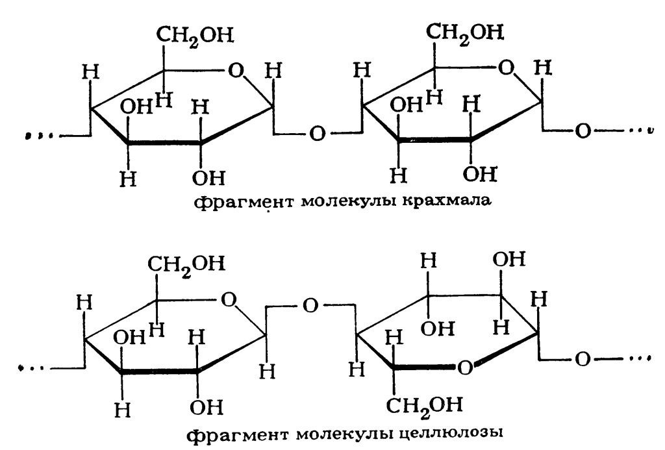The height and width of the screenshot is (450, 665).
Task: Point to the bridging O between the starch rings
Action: (x=317, y=134)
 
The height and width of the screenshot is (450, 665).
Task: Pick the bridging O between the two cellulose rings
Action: (x=310, y=306)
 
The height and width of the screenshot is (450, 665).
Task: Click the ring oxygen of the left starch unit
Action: (x=236, y=70)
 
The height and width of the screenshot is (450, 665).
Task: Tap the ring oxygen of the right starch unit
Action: (x=506, y=68)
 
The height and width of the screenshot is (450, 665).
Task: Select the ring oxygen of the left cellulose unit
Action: (x=229, y=300)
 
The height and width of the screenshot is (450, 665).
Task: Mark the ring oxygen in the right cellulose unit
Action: (x=465, y=368)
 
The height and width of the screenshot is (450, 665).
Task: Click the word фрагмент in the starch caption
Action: (x=244, y=201)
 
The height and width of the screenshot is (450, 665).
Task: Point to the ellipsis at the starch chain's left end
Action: (x=39, y=136)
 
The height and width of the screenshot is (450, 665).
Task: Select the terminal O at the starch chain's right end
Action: (x=583, y=131)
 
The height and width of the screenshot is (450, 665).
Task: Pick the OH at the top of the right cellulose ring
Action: (x=509, y=259)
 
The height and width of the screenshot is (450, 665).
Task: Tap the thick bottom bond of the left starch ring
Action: (x=164, y=143)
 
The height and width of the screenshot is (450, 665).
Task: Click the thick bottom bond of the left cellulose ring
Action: (x=159, y=372)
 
